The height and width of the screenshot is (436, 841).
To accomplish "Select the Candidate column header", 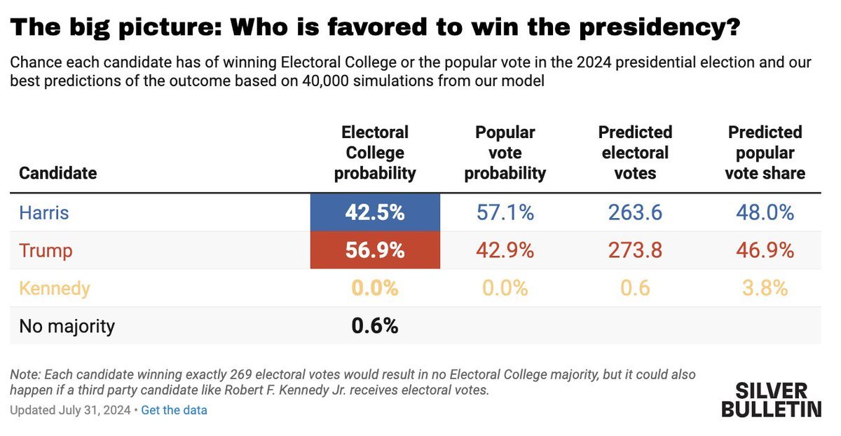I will click(x=58, y=172).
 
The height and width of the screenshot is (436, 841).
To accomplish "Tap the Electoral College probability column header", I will click(x=375, y=153).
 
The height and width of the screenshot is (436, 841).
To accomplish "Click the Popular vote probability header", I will click(x=505, y=153).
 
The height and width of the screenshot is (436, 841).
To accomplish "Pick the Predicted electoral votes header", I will click(x=635, y=153).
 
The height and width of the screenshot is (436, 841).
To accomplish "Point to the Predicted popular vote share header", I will click(x=765, y=153).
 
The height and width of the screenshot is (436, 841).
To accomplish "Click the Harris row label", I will click(x=44, y=212).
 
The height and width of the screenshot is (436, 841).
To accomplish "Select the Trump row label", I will click(x=46, y=250).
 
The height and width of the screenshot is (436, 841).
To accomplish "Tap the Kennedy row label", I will click(x=55, y=288).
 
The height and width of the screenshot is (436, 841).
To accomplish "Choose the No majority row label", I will click(x=67, y=326).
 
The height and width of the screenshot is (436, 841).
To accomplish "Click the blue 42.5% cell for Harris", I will click(x=375, y=212).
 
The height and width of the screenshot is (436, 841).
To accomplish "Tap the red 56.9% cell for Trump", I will click(x=375, y=250).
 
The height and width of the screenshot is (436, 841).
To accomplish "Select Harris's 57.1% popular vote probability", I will click(x=505, y=212).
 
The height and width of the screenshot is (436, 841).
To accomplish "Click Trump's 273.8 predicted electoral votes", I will click(x=635, y=250).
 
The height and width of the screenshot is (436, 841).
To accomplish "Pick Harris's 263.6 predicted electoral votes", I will click(x=635, y=212).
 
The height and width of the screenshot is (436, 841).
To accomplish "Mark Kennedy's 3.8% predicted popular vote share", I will click(x=765, y=288).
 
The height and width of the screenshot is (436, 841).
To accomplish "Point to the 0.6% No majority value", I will click(x=375, y=326).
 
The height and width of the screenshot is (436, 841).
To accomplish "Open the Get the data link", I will click(x=174, y=410).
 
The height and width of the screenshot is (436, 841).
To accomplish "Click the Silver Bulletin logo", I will click(x=771, y=400).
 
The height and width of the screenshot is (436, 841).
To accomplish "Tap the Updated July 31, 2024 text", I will click(x=70, y=410).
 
